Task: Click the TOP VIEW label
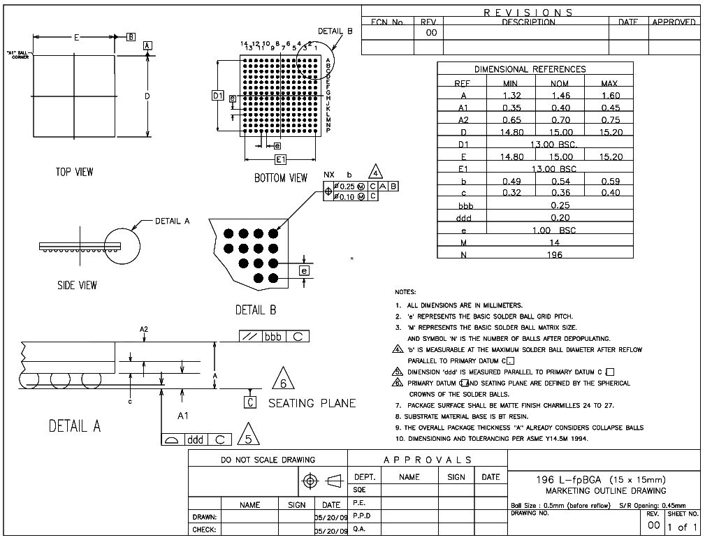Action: (x=74, y=172)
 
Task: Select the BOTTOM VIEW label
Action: (x=280, y=178)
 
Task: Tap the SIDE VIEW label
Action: (x=77, y=285)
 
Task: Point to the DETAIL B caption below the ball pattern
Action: (x=256, y=309)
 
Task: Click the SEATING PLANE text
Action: (x=312, y=403)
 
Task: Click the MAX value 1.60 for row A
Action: (x=609, y=95)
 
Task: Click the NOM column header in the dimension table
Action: (x=560, y=83)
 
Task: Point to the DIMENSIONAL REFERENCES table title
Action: (x=530, y=69)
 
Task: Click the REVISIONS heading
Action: (x=529, y=13)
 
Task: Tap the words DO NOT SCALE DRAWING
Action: (x=268, y=460)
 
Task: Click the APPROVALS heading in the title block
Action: (x=427, y=460)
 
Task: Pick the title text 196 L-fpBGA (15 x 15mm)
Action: (x=600, y=479)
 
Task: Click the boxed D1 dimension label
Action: (x=218, y=95)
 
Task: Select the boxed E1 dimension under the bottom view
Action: (x=280, y=159)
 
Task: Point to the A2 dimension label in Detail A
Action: (x=144, y=328)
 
